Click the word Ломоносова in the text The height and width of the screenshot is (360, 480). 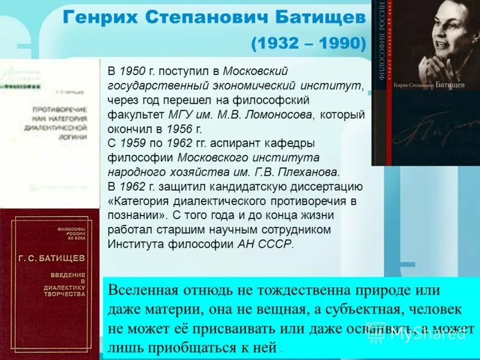pyautogui.click(x=278, y=115)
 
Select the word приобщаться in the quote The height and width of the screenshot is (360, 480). pyautogui.click(x=197, y=347)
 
